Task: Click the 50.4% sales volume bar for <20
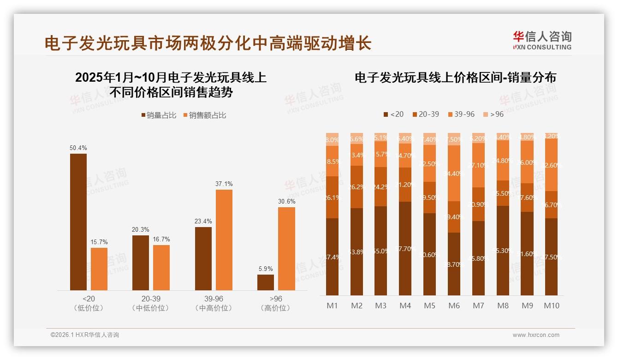tap(78, 222)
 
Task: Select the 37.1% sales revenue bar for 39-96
tap(224, 240)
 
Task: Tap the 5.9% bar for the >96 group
tap(266, 282)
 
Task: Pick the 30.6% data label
tap(286, 202)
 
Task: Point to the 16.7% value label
tap(161, 240)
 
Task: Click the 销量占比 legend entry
tap(159, 115)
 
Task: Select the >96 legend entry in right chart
tap(493, 114)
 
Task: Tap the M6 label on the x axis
tap(454, 306)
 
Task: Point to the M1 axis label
tap(333, 306)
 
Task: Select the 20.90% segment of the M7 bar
tap(478, 204)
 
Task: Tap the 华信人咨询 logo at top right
tap(542, 40)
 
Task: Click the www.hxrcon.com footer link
tap(536, 335)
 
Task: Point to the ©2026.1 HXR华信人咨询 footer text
tap(85, 335)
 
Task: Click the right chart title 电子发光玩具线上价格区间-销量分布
tap(455, 78)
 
